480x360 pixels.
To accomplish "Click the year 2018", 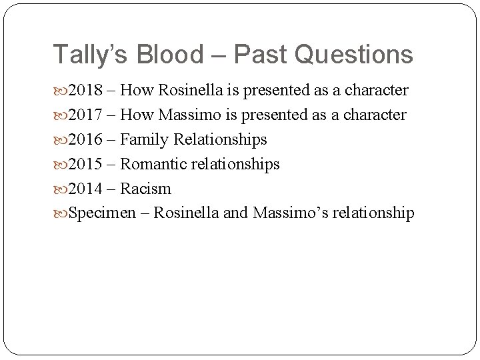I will point(83,91).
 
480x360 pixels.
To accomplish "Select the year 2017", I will point(83,115).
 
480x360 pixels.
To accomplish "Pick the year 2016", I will point(83,140).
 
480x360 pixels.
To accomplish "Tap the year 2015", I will point(83,164).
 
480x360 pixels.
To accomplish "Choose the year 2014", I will point(83,189).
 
